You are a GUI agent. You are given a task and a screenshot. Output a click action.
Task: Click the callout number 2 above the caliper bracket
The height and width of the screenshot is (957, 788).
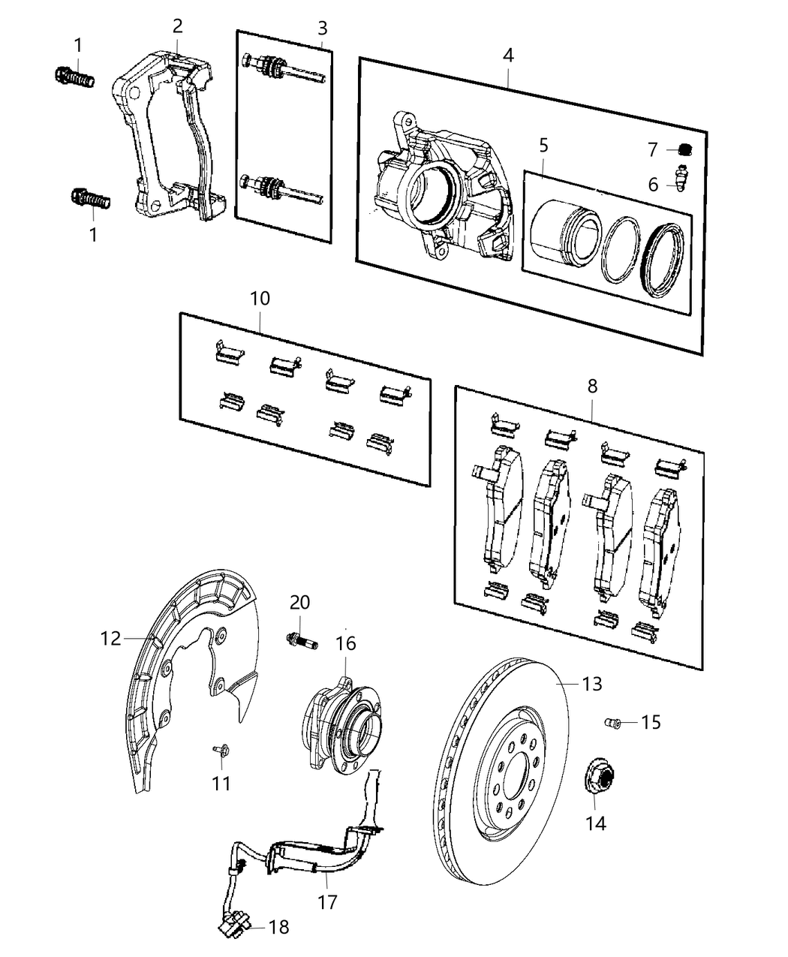[x=177, y=26]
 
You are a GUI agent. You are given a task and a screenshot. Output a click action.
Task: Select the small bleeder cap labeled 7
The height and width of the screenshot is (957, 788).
[x=684, y=149]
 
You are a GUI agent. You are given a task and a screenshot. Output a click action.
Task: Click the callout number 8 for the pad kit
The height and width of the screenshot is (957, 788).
[x=592, y=387]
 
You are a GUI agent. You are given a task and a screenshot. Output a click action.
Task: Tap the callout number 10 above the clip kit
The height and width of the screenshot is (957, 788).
[x=260, y=298]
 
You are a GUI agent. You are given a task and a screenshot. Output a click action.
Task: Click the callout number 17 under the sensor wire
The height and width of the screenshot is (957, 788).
[x=327, y=901]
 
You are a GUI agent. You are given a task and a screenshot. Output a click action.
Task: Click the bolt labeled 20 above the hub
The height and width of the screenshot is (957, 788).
[x=300, y=641]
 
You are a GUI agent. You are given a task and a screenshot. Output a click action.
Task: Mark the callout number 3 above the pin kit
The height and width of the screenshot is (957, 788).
[x=322, y=29]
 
